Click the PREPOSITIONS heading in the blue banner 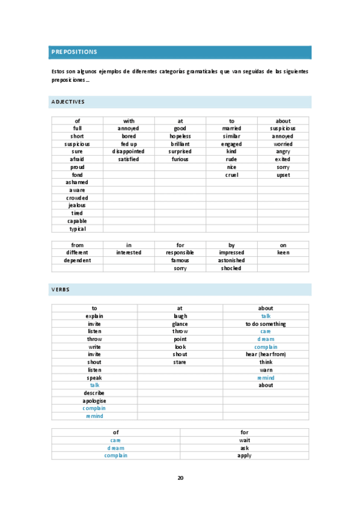74,52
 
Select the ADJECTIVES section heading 68,102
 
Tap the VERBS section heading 60,289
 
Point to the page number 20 180,478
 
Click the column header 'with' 129,121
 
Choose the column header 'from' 77,245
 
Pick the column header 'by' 231,245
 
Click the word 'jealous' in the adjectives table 77,205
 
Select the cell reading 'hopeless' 180,137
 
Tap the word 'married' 231,129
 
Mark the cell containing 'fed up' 129,144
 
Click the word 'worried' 283,144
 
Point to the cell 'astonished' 231,260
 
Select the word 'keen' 283,253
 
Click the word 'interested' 129,253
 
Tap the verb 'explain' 94,316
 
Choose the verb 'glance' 180,324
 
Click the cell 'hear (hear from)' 266,354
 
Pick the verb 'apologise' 94,401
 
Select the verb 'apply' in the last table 244,455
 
